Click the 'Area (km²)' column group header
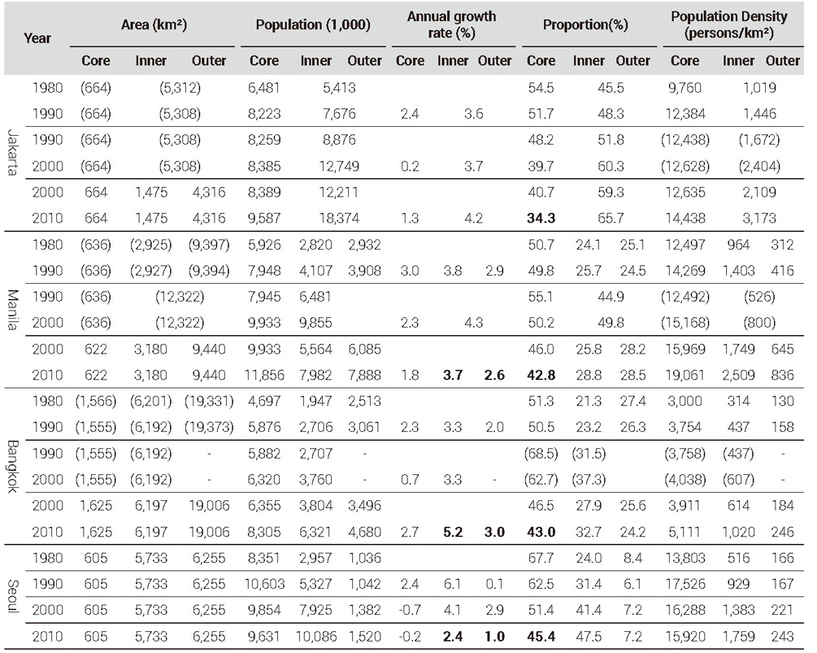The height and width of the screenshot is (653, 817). click(x=154, y=24)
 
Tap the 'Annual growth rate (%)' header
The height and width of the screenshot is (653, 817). click(x=451, y=24)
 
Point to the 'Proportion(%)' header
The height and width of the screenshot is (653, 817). click(x=585, y=24)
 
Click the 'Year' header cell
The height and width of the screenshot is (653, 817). click(x=37, y=38)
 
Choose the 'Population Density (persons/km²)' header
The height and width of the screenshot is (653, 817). click(x=729, y=24)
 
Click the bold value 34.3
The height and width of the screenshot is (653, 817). click(x=541, y=219)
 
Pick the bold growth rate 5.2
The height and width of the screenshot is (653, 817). click(x=453, y=532)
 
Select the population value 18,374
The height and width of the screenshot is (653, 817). click(x=339, y=219)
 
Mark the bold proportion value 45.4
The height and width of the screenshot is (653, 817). click(x=541, y=636)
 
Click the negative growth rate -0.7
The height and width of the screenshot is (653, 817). click(x=410, y=610)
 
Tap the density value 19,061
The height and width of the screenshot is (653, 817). click(x=685, y=375)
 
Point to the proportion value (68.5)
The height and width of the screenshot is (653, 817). click(x=541, y=454)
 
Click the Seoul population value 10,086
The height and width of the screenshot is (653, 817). click(x=316, y=636)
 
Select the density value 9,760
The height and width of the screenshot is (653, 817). click(x=685, y=88)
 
